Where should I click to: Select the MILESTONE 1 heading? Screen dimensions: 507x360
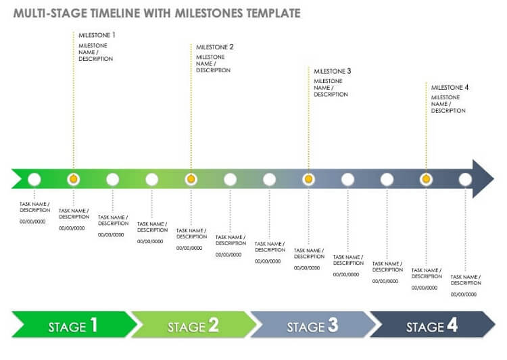click(97, 35)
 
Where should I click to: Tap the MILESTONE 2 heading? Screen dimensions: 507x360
click(214, 47)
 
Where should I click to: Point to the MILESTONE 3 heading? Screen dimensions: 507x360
click(332, 71)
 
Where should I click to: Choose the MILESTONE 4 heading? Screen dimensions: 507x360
click(450, 87)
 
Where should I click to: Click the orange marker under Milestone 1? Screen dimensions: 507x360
click(74, 179)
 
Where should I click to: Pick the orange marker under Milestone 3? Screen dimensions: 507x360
click(309, 179)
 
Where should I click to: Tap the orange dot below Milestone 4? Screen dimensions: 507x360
click(426, 179)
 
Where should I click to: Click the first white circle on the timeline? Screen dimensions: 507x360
click(34, 180)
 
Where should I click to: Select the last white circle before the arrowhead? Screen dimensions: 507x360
click(465, 180)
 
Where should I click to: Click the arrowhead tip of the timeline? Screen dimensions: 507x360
click(493, 179)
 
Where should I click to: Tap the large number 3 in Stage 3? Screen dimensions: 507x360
click(333, 325)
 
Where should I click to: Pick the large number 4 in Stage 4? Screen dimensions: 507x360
click(452, 325)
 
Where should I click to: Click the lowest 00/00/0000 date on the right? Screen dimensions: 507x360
click(463, 294)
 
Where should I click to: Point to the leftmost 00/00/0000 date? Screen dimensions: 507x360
click(32, 222)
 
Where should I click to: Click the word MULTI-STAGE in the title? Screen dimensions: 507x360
click(50, 14)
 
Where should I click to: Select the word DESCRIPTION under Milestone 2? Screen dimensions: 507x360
click(213, 70)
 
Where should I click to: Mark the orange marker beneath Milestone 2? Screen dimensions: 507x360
click(191, 179)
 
